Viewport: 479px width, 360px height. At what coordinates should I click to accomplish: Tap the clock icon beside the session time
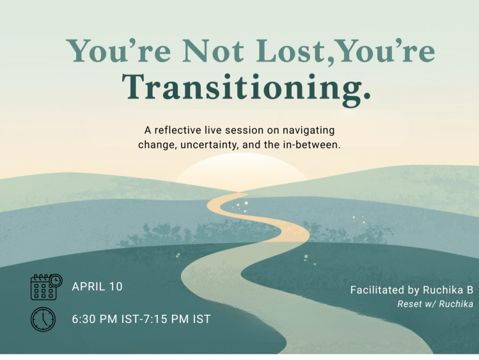click(43, 319)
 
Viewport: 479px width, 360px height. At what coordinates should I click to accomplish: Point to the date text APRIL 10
click(97, 287)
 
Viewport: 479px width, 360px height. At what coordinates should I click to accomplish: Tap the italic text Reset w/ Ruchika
click(435, 304)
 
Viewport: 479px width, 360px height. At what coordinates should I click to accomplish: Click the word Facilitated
click(378, 290)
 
